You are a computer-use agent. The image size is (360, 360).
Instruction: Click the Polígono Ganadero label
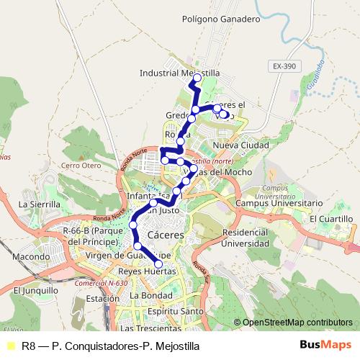220,19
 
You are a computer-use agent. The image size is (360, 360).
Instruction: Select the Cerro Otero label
81,165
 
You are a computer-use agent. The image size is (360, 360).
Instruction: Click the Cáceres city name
166,235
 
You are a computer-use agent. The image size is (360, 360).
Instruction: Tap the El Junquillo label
35,290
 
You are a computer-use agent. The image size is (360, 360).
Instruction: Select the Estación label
102,297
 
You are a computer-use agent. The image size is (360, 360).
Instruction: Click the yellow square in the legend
11,346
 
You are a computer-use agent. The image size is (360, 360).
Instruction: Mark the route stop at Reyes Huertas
159,265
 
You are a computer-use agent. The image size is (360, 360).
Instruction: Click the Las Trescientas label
150,328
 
